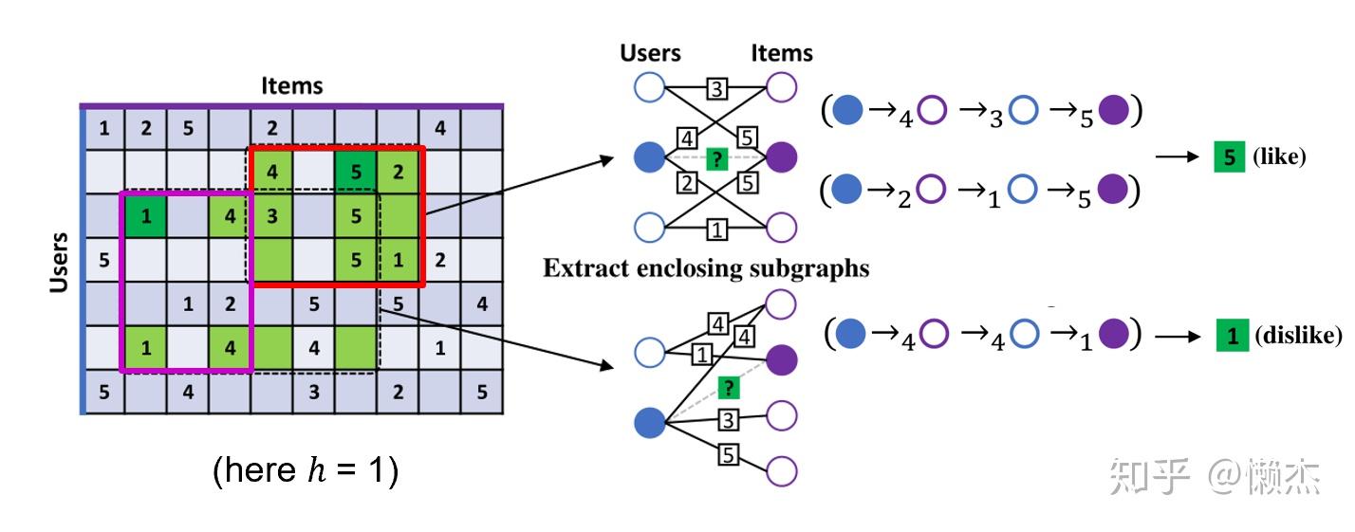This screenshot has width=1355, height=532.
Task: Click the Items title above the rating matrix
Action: (x=292, y=86)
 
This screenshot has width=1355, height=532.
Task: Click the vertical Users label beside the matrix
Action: (x=60, y=262)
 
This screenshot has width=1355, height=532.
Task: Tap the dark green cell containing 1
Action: (x=145, y=215)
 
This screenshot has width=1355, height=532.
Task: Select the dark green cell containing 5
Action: (x=356, y=172)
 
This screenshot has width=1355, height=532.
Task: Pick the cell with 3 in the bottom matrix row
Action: (x=313, y=391)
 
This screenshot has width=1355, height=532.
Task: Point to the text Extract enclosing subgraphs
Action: (x=706, y=268)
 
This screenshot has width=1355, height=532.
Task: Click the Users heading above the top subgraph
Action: (x=650, y=53)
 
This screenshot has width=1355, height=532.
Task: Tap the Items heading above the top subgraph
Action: (x=782, y=53)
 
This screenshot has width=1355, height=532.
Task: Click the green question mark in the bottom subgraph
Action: (x=728, y=387)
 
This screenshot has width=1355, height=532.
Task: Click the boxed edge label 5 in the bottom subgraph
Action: (x=729, y=454)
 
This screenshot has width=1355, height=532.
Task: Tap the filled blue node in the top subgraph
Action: (x=650, y=156)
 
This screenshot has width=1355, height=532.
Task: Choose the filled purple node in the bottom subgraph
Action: (x=781, y=359)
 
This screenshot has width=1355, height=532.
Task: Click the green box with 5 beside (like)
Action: (x=1229, y=157)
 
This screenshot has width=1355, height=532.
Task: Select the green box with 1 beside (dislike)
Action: (x=1232, y=336)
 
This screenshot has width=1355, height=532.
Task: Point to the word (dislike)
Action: (x=1297, y=336)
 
